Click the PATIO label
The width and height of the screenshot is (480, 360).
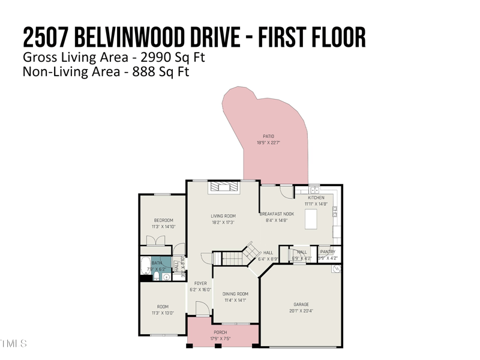pos(269,136)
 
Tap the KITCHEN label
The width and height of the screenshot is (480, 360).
pos(316,197)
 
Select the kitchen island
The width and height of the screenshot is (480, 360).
pos(311,219)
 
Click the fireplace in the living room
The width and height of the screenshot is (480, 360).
pos(223,187)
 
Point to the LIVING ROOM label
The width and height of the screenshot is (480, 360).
pos(223,216)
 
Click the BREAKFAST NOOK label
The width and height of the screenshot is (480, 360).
pos(277,214)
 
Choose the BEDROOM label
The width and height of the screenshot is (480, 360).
pos(163,220)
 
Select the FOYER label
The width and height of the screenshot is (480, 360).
pos(200,283)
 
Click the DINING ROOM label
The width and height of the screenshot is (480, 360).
pos(235,294)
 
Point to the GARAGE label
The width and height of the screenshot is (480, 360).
pos(301,304)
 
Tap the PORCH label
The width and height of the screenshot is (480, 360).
pos(221,332)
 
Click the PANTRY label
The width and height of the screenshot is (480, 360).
pos(328,252)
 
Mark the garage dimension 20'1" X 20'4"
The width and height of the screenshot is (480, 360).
pos(301,311)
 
